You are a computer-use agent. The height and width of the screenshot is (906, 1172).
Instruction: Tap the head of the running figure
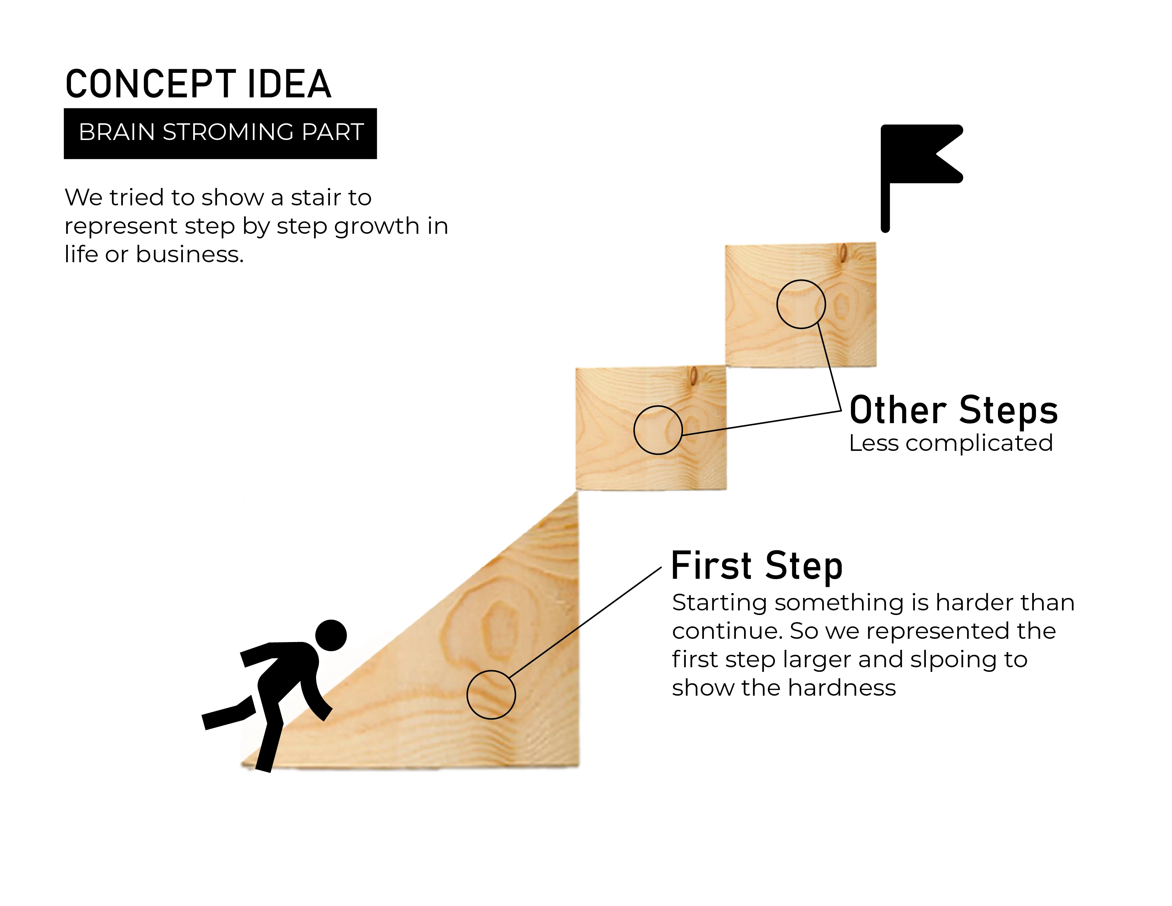pyautogui.click(x=331, y=635)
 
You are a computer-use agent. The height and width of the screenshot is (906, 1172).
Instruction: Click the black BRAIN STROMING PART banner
pyautogui.click(x=220, y=133)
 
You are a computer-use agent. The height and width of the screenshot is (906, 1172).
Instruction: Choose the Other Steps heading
pyautogui.click(x=954, y=411)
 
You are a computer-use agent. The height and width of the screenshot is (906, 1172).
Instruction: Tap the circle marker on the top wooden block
pyautogui.click(x=801, y=304)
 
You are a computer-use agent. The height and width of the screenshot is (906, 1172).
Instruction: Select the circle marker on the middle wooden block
pyautogui.click(x=657, y=430)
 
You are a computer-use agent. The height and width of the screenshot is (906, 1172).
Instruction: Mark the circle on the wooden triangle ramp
pyautogui.click(x=491, y=695)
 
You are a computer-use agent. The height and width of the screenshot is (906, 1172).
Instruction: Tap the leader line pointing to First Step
pyautogui.click(x=585, y=622)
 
